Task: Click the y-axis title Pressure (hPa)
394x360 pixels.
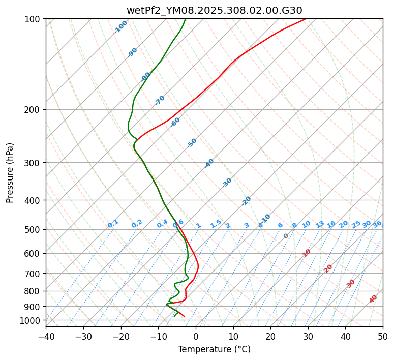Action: [10, 173]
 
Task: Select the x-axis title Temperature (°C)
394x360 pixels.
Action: [214, 349]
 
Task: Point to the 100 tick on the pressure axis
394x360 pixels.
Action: [33, 19]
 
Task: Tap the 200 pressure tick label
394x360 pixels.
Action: [33, 110]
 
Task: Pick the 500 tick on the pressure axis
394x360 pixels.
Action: [33, 230]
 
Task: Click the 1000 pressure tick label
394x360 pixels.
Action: [31, 320]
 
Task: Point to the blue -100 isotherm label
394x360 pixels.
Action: [121, 27]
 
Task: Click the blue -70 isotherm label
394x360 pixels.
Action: [160, 100]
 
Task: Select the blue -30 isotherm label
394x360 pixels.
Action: [227, 183]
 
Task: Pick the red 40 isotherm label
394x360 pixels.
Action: [373, 299]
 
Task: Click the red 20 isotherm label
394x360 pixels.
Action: [328, 268]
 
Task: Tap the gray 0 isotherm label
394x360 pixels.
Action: [286, 236]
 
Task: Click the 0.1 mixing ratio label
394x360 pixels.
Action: [113, 224]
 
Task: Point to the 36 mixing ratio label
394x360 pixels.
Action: [377, 224]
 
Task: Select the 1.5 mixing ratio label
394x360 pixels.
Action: [216, 224]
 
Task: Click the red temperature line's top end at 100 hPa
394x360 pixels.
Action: [305, 19]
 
